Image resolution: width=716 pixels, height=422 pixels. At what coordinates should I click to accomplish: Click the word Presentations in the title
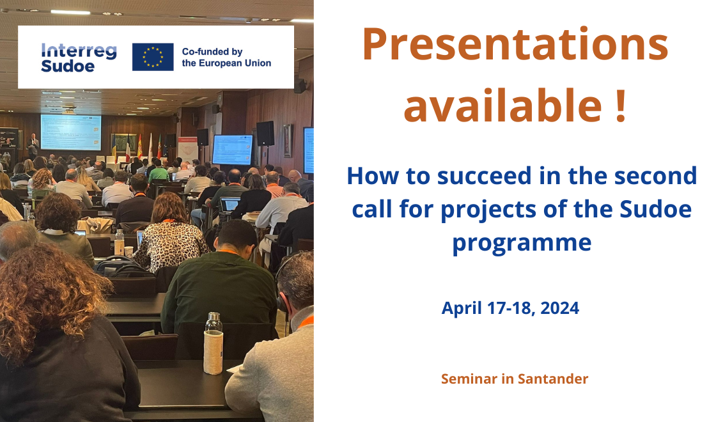coord(515,44)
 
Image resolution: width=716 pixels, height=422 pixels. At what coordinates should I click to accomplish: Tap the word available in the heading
coord(502,105)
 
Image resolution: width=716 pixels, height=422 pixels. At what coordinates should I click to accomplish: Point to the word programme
coord(522,243)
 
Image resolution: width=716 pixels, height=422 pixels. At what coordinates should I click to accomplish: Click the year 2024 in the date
coord(560,308)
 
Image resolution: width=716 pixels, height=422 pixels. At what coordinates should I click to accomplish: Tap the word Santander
coord(553,379)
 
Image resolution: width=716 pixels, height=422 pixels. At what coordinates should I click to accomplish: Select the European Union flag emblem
coord(153,57)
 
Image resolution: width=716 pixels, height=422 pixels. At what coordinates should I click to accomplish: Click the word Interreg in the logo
coord(79,51)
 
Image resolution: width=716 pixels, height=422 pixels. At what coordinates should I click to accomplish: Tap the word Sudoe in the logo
coord(68,66)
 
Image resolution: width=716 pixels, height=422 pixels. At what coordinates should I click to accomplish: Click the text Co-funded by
coord(212,52)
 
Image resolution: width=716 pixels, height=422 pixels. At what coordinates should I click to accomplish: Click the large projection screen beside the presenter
coord(71,132)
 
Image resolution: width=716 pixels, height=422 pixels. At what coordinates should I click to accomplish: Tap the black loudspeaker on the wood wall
coord(265,134)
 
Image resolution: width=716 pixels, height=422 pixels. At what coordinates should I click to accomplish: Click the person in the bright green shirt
coord(159,171)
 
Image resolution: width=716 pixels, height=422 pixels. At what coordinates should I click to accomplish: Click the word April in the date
coord(462,309)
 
